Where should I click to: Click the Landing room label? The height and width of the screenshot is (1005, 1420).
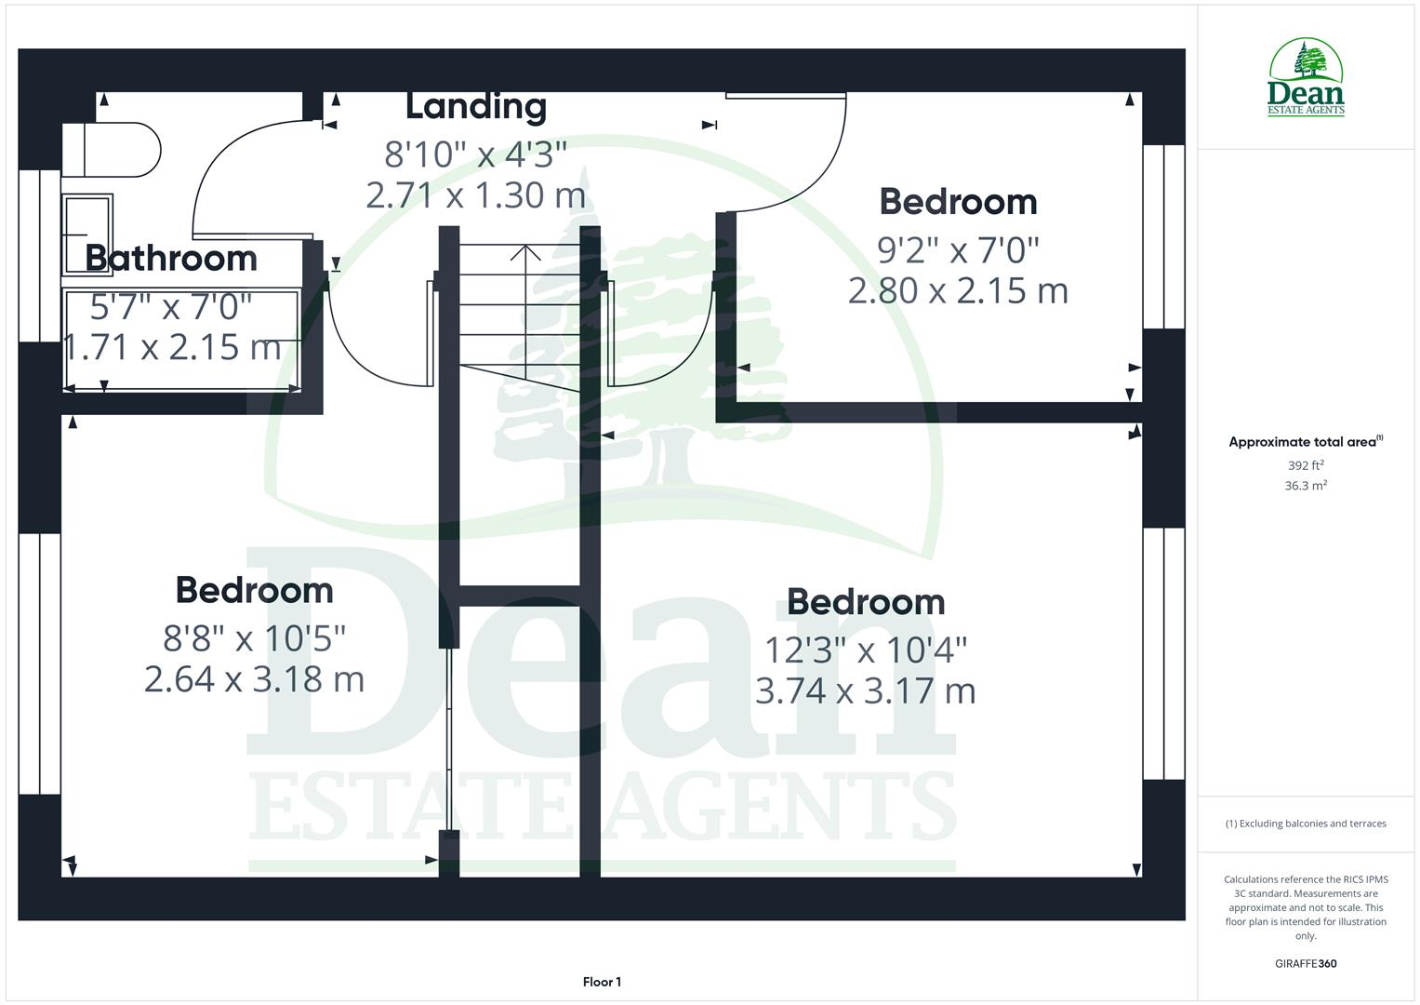pos(475,107)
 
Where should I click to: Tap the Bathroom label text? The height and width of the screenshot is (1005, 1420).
pos(171,259)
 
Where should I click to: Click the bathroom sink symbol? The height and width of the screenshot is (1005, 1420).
pos(87,234)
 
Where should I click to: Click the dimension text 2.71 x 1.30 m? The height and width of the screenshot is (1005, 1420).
pos(475,195)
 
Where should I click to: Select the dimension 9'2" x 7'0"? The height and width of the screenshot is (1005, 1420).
pos(958,249)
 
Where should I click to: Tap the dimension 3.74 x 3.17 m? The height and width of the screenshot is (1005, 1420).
pos(865,691)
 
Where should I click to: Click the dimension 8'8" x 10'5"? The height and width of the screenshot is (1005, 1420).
pos(254,638)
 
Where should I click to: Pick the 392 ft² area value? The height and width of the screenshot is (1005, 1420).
pos(1305,465)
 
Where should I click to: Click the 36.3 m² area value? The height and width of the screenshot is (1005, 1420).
pos(1305,486)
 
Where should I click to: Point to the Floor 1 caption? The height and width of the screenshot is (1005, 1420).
pos(602,982)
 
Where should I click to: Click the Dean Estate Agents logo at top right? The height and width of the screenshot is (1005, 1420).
pos(1306,78)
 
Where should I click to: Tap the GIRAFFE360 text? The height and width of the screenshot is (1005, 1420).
pos(1305,964)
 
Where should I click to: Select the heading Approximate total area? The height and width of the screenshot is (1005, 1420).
pos(1305,442)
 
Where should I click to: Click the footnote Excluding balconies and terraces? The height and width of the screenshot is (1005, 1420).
pos(1305,824)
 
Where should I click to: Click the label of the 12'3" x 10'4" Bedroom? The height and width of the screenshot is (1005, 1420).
pos(865,603)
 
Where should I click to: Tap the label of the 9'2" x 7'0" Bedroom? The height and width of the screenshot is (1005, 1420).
pos(958,202)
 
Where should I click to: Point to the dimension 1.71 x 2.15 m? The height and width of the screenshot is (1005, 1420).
pos(172,348)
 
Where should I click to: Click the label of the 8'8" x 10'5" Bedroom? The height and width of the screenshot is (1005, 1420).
pos(254,591)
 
